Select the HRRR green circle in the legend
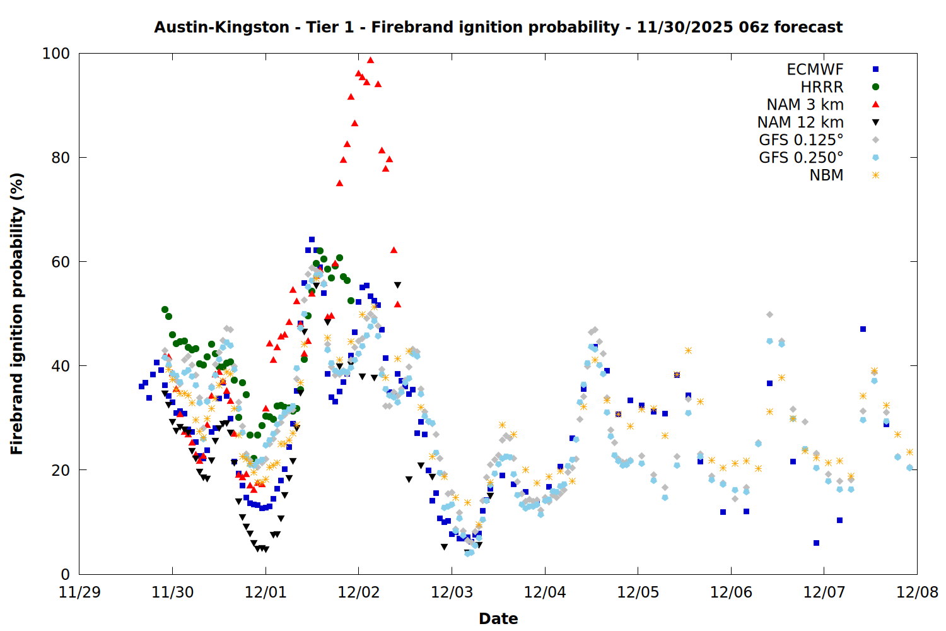point(875,87)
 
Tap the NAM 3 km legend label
point(805,105)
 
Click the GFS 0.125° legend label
point(801,140)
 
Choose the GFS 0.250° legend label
point(801,158)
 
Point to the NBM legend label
point(826,175)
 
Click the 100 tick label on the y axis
point(55,54)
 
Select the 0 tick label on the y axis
point(65,574)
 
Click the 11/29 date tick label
point(79,593)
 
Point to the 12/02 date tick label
point(359,593)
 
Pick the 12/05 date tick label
point(638,593)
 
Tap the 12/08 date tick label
point(917,593)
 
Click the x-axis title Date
point(498,618)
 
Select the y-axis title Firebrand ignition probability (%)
point(16,314)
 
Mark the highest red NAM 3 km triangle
point(370,61)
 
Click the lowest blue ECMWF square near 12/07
point(816,543)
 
